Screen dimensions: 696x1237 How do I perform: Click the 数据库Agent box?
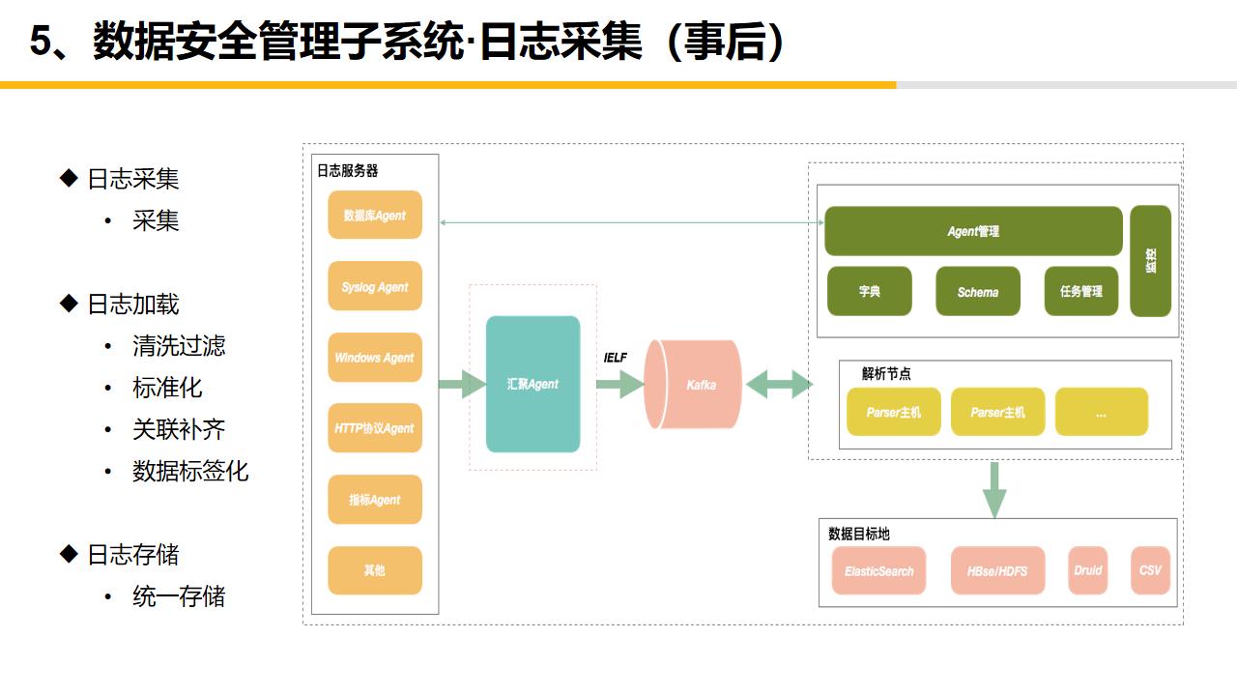[375, 216]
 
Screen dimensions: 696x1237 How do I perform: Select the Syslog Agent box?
[375, 286]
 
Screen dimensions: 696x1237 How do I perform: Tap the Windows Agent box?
[375, 358]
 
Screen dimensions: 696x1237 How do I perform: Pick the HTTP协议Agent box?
[375, 428]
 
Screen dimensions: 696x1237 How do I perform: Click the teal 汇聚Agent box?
[533, 384]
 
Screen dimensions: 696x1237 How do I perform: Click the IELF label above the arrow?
[616, 358]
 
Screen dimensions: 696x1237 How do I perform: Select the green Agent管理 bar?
[973, 231]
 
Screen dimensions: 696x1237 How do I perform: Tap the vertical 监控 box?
[1150, 261]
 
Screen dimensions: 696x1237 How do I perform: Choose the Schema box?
[978, 292]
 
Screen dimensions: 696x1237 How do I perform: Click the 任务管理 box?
[1080, 292]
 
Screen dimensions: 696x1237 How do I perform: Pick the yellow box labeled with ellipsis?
[1101, 413]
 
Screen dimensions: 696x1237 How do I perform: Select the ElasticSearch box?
[879, 570]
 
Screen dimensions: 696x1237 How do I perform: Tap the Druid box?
[1088, 570]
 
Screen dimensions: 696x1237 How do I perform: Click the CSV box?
[1150, 570]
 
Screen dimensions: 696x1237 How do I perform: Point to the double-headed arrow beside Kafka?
[779, 384]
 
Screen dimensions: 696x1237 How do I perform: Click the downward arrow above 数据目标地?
[993, 490]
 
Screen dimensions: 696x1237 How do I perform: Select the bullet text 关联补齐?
[179, 429]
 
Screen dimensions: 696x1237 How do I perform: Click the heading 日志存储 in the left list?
[132, 555]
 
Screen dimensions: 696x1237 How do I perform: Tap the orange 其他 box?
[375, 570]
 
